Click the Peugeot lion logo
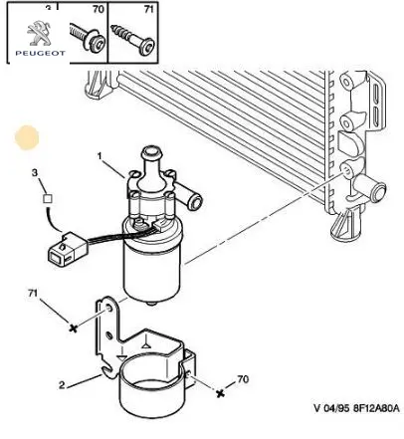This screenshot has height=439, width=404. coord(39,33)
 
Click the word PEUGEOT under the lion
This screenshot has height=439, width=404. coord(40,53)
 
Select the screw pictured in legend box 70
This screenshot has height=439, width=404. coord(88,38)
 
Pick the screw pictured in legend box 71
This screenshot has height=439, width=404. coord(132,40)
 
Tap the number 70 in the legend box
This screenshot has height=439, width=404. coord(99,9)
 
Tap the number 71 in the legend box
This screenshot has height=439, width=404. coord(149,9)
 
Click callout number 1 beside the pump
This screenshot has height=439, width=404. coord(100,155)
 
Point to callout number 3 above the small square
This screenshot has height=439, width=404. coord(35,173)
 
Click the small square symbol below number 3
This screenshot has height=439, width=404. coord(48,199)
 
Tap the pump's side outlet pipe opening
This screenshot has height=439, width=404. coord(194,201)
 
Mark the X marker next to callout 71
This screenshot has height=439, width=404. coord(73,329)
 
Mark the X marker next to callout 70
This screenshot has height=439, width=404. coord(220,393)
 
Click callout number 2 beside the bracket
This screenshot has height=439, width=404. coord(62,385)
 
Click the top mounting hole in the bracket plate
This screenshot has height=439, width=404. coord(107,310)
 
